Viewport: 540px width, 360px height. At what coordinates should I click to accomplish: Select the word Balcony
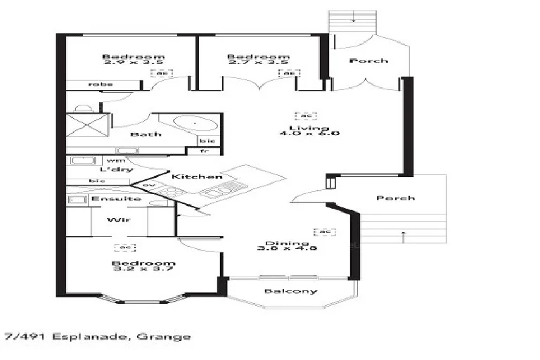pyautogui.click(x=290, y=291)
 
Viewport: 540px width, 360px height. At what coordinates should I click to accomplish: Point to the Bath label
pyautogui.click(x=146, y=134)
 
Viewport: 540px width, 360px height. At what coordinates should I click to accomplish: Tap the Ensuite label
pyautogui.click(x=116, y=199)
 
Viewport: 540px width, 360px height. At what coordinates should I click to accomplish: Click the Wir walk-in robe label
pyautogui.click(x=115, y=220)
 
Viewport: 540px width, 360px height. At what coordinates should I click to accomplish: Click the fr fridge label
pyautogui.click(x=205, y=151)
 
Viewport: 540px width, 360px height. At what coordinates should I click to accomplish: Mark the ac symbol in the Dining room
pyautogui.click(x=324, y=231)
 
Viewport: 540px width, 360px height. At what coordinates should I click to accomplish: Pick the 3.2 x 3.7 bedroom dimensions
pyautogui.click(x=143, y=270)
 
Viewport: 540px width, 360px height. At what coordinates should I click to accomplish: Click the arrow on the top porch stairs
pyautogui.click(x=355, y=20)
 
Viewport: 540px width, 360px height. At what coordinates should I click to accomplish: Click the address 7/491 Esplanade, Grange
pyautogui.click(x=97, y=337)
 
